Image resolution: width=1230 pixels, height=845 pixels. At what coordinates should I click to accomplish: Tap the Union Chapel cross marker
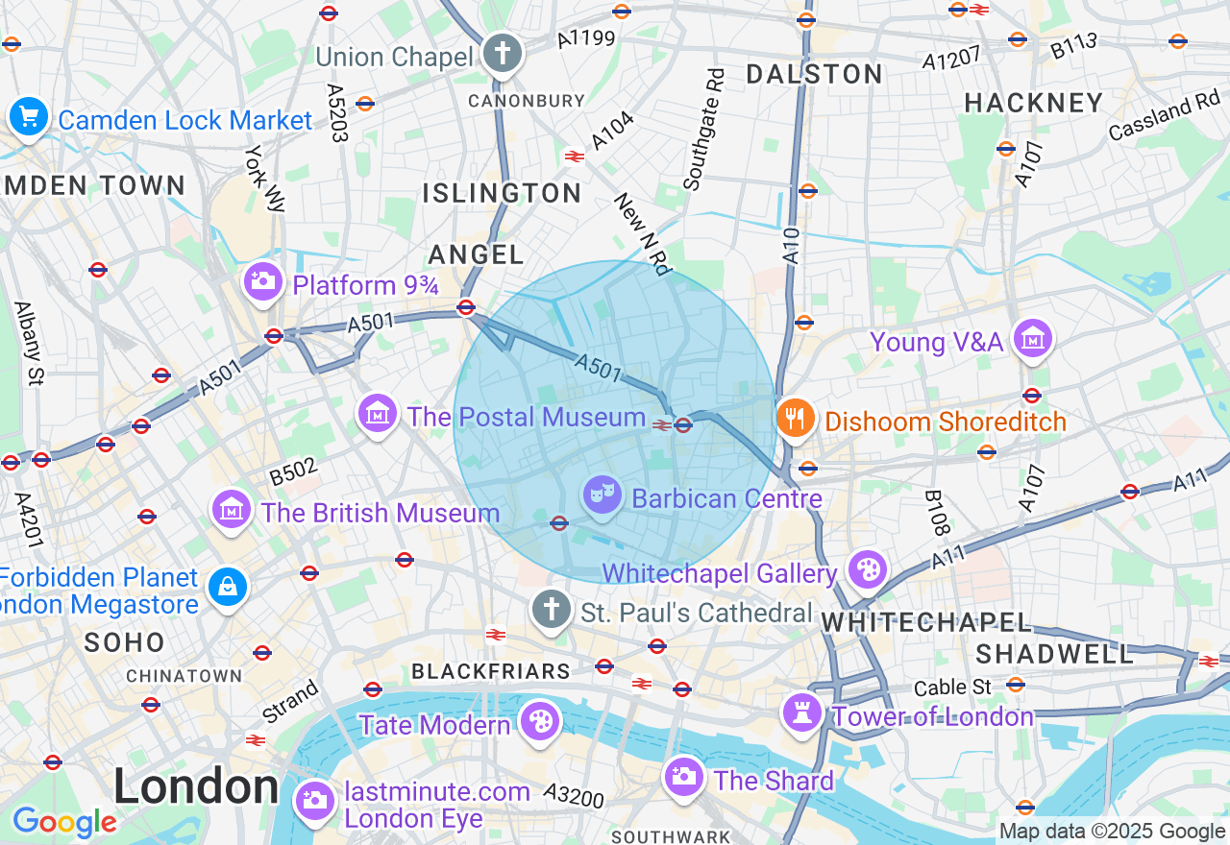tap(502, 54)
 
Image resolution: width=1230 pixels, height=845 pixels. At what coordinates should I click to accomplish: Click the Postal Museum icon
tap(378, 414)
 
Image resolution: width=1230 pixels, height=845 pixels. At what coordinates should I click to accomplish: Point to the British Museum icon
tap(232, 509)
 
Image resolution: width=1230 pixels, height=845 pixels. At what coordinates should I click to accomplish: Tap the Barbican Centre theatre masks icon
tap(602, 495)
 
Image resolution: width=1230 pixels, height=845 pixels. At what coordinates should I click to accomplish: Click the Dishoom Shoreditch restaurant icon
tap(797, 419)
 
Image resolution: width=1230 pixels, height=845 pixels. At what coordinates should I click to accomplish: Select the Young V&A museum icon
tap(1034, 339)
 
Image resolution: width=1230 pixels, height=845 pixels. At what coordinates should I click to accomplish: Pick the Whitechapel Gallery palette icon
tap(867, 569)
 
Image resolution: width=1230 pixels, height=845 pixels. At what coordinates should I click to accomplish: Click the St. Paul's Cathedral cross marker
tap(552, 609)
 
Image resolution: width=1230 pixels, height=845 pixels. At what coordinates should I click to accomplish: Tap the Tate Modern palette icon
tap(539, 721)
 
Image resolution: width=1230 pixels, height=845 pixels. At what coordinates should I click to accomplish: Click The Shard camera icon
tap(683, 777)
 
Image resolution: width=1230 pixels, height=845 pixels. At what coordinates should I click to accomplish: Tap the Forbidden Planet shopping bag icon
tap(228, 586)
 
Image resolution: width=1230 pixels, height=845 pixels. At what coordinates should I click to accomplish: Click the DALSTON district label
tap(814, 74)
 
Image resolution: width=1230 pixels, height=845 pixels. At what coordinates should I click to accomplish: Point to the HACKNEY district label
tap(1033, 103)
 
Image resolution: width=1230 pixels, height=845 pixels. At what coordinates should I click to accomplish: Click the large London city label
tap(196, 786)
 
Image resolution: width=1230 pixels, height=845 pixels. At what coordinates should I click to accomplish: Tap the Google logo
tap(64, 822)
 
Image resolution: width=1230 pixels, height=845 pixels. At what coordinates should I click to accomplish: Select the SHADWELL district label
tap(1054, 654)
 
